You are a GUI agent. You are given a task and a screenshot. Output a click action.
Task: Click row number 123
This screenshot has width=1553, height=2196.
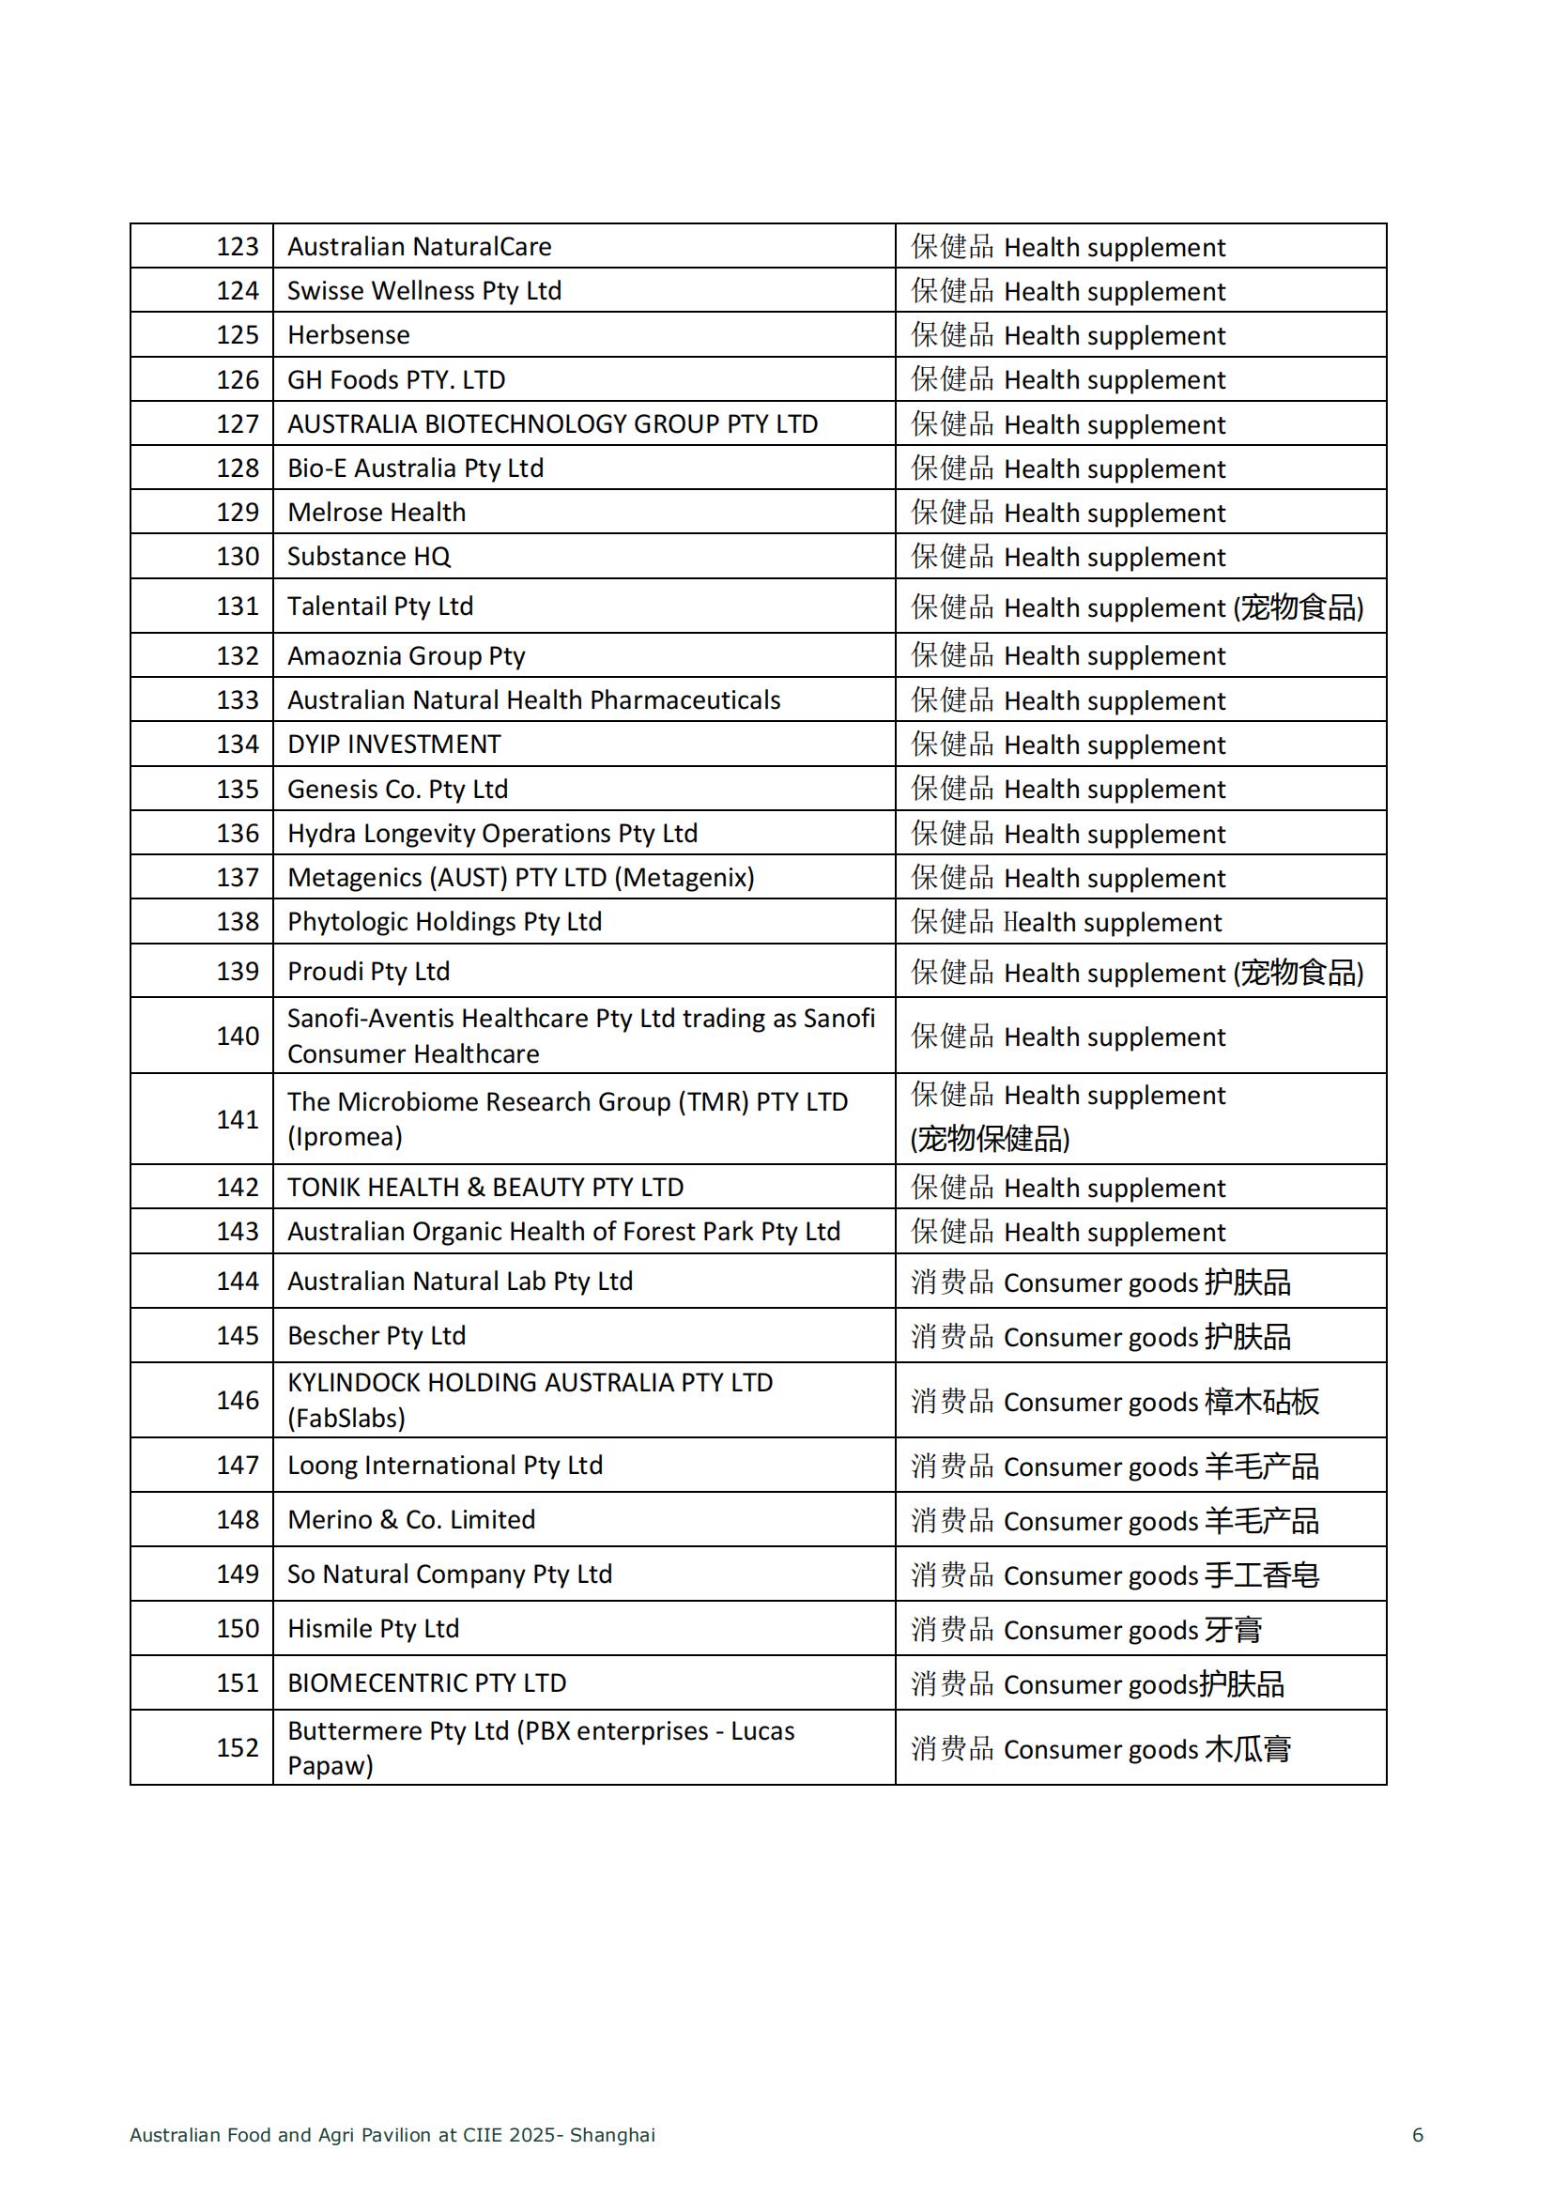tap(238, 247)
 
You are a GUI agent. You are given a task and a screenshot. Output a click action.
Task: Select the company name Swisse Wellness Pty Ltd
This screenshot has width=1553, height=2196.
tap(423, 291)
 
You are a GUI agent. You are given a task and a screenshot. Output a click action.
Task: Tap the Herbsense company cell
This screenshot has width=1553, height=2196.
tap(348, 335)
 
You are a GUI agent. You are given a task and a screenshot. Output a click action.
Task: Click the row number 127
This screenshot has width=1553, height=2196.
tap(238, 423)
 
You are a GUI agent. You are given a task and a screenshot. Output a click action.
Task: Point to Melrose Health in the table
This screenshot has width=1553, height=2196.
tap(376, 513)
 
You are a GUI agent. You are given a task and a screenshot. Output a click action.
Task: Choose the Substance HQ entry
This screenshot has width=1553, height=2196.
tap(368, 557)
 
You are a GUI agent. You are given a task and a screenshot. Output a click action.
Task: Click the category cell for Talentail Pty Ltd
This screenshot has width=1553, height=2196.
tap(1136, 607)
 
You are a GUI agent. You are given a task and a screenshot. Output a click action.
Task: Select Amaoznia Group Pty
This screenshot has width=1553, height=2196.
tap(406, 656)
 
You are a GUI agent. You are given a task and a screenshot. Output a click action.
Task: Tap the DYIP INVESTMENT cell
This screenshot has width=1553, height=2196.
tap(394, 745)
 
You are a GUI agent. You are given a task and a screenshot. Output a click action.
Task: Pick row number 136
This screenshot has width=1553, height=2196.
tap(238, 833)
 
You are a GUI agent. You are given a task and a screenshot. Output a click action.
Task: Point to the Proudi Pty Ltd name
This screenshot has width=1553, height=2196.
tap(368, 972)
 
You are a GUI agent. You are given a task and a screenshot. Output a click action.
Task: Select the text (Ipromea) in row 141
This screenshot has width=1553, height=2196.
tap(345, 1137)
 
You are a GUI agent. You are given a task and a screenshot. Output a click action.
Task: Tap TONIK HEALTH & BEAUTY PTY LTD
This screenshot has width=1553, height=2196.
tap(484, 1188)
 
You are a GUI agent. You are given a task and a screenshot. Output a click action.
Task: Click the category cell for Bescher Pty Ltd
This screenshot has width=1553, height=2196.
tap(1099, 1336)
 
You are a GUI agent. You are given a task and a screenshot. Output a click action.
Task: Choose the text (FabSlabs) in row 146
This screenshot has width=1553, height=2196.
tap(346, 1419)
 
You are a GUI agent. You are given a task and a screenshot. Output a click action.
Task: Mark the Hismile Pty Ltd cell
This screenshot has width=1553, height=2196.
tap(373, 1629)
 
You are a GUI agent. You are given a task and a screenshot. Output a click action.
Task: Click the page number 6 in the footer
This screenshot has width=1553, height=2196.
tap(1417, 2135)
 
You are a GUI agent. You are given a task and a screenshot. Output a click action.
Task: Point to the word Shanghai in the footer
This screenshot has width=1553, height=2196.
tap(612, 2135)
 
